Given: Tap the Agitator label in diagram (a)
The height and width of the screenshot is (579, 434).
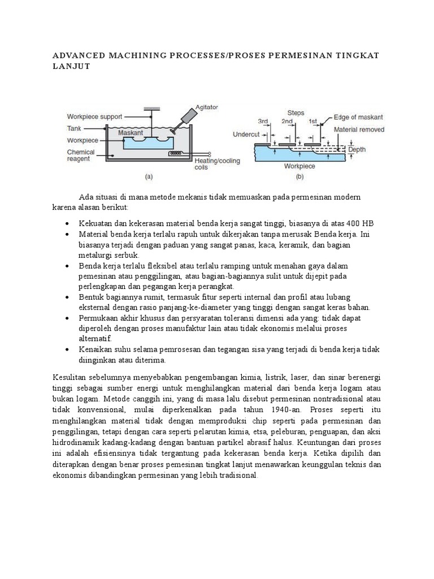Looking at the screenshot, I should coord(206,106).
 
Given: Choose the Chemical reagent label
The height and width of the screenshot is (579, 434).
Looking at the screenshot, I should coord(81,156).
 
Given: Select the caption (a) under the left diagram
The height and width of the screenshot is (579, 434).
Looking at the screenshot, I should coord(149,176).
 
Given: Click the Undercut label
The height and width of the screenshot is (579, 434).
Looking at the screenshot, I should coord(246,135).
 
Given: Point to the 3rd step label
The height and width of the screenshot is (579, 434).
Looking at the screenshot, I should coord(263,121).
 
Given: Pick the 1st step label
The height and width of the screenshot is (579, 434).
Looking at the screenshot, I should coord(313,121).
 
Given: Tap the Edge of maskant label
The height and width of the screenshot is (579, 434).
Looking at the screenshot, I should coord(358,117).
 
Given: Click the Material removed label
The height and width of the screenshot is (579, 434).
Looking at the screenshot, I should coord(359,129).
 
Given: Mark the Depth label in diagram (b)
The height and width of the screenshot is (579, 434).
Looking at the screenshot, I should coord(357,149).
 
